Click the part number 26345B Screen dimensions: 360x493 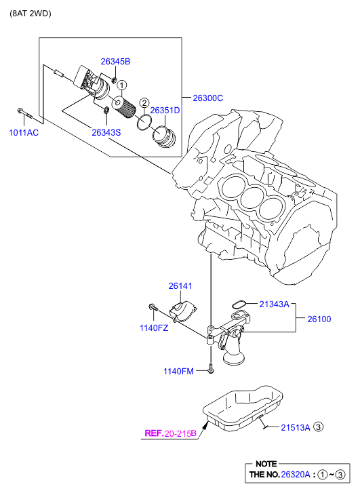point(115,62)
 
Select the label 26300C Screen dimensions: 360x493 point(208,98)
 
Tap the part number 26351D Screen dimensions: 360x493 point(165,111)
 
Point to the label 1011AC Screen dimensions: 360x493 point(24,133)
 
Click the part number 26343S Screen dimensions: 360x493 point(106,132)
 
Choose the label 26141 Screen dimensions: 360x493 point(180,285)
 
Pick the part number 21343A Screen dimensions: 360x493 point(274,304)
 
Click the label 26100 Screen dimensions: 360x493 point(319,319)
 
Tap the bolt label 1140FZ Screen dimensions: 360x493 point(154,328)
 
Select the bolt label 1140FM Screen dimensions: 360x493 point(178,372)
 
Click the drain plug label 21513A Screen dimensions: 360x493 point(296,427)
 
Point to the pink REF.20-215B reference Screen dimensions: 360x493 point(170,433)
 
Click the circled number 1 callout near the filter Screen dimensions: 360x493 point(121,85)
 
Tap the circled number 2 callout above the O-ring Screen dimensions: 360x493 point(144,103)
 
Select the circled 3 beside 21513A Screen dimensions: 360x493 point(319,427)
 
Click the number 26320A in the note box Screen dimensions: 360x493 point(296,475)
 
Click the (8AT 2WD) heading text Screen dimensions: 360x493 point(31,14)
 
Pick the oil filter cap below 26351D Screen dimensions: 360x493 point(164,136)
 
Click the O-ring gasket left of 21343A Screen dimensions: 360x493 point(239,304)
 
